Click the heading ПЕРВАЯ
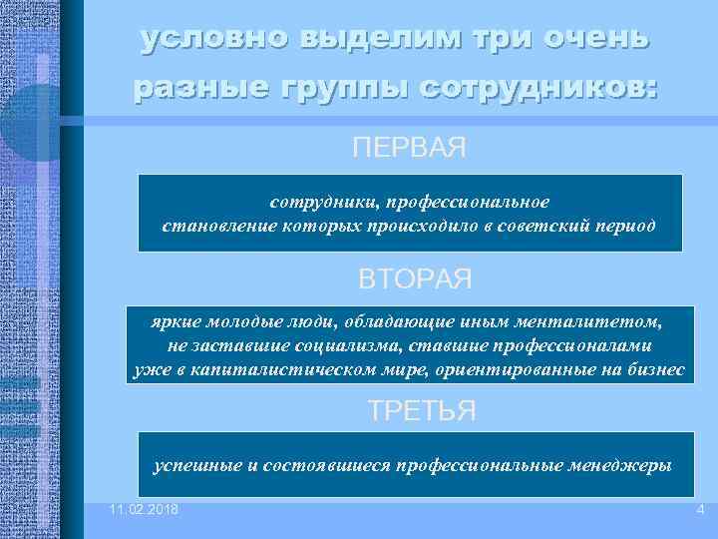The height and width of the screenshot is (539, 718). pyautogui.click(x=409, y=148)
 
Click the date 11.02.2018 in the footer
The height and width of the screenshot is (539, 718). pyautogui.click(x=145, y=510)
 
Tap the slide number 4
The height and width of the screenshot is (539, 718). pyautogui.click(x=700, y=510)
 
